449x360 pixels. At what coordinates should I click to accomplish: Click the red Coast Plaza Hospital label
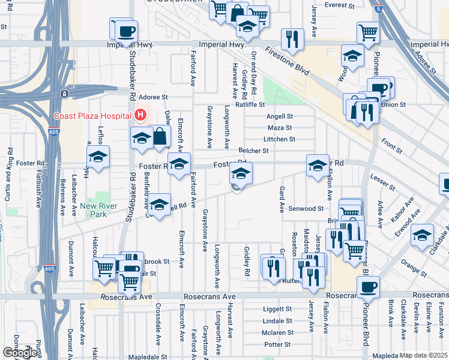(x=92, y=116)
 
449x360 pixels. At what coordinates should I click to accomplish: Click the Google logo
(x=19, y=353)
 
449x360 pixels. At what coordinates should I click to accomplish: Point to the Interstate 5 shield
(x=377, y=9)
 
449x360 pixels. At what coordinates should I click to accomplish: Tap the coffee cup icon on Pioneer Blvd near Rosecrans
(x=367, y=287)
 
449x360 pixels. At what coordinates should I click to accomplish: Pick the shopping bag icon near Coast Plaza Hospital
(x=160, y=136)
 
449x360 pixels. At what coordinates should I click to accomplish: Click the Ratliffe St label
(x=250, y=104)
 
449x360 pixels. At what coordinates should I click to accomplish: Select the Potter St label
(x=277, y=344)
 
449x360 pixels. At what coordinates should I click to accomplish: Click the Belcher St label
(x=253, y=151)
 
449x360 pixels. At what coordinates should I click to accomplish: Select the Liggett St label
(x=277, y=309)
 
